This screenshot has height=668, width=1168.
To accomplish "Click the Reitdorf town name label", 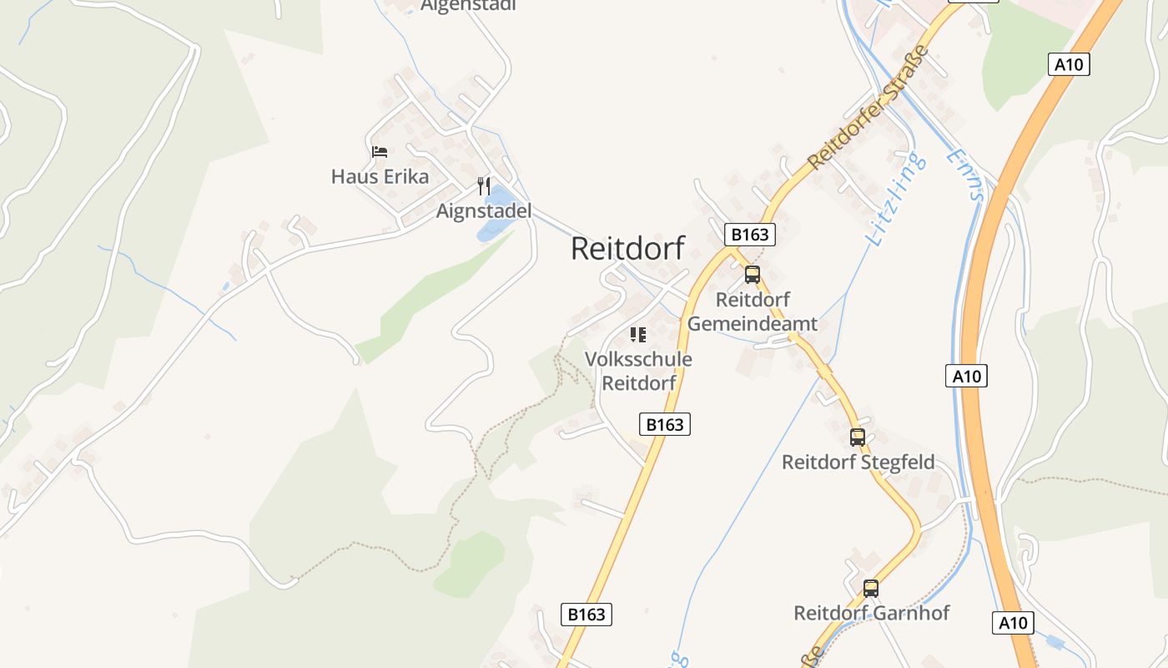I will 627,248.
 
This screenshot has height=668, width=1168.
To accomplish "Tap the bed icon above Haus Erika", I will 380,152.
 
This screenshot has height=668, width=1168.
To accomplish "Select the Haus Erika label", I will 380,176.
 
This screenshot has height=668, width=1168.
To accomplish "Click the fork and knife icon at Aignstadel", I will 484,185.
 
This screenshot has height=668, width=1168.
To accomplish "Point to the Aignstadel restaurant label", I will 484,211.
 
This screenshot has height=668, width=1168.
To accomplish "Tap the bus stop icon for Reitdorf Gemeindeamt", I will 753,274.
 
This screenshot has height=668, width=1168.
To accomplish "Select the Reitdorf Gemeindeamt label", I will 753,311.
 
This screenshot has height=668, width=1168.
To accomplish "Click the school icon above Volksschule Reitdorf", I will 638,335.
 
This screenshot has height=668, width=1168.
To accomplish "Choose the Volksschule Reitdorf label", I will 638,372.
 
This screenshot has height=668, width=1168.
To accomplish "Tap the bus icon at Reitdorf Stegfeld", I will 858,437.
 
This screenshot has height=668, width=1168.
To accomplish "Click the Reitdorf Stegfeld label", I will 858,462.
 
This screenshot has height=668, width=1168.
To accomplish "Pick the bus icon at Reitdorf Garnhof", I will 871,588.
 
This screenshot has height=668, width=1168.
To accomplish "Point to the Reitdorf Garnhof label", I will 871,613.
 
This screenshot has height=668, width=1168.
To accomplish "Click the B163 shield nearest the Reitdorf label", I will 749,235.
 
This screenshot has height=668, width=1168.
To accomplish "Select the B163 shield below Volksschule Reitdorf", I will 665,424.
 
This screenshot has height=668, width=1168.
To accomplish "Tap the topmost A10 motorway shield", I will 1069,64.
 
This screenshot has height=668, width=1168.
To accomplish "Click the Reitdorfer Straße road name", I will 869,107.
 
